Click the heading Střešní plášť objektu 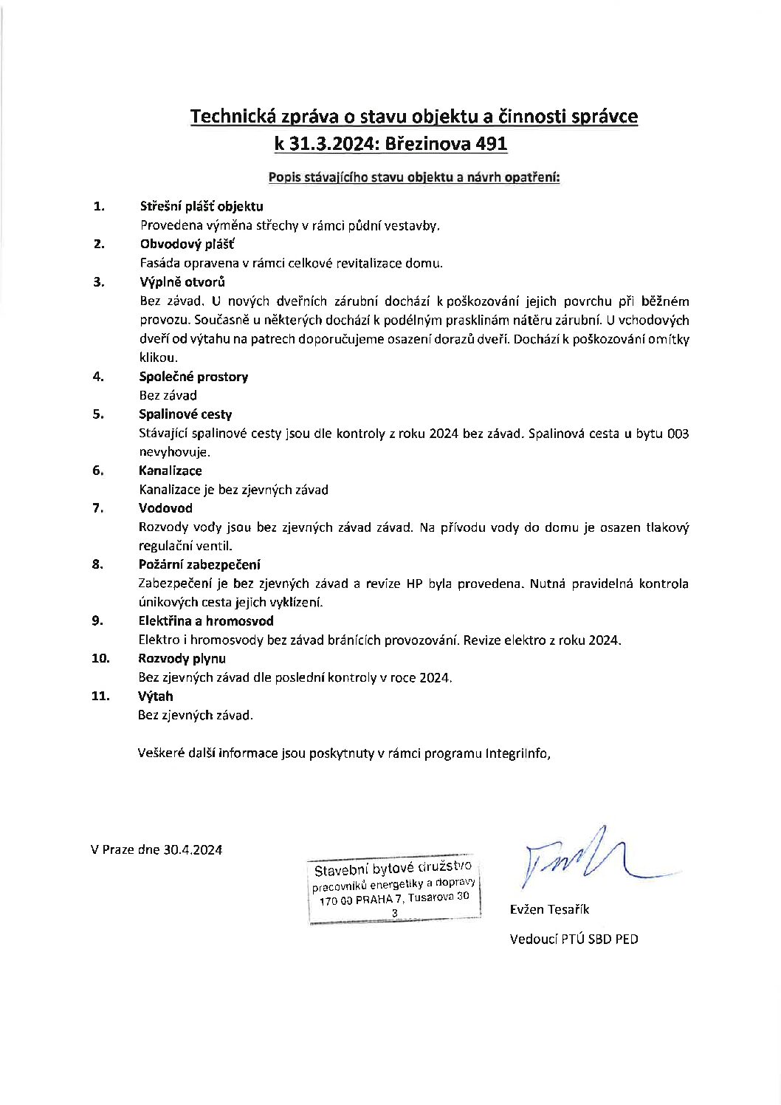202,206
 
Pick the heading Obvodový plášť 187,244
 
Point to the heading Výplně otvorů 182,281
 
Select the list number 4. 97,376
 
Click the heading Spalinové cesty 185,414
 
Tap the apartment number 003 678,434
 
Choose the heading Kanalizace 171,471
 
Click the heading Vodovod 165,508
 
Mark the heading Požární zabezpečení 199,565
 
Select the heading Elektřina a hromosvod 206,621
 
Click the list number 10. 100,658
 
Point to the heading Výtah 155,696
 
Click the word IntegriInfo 517,753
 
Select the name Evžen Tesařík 549,909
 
